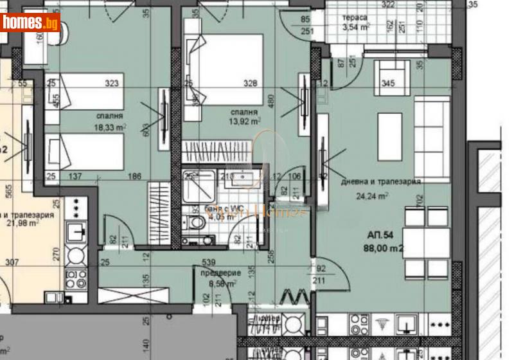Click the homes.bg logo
30,23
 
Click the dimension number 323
113,83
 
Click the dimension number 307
12,262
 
